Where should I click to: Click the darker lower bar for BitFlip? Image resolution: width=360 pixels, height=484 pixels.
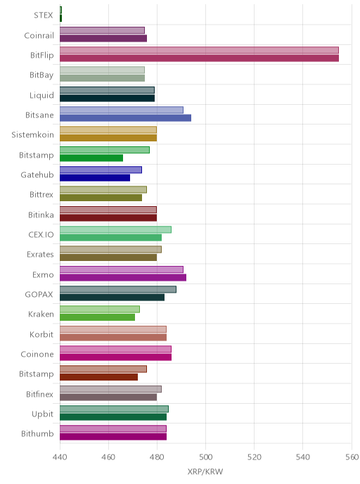(199, 58)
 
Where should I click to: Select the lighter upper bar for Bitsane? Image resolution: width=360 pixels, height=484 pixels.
(122, 110)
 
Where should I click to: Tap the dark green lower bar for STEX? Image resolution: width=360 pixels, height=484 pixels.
(60, 18)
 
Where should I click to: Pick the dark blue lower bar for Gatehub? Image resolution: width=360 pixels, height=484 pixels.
(95, 177)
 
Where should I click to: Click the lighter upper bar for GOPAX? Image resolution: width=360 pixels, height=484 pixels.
(118, 289)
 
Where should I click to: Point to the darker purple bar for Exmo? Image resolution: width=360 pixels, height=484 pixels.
(123, 277)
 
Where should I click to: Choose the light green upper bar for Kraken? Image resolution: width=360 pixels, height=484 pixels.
(100, 309)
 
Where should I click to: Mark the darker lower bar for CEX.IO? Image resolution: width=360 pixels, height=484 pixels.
(111, 237)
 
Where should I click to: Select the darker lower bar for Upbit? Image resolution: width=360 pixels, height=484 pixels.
(113, 416)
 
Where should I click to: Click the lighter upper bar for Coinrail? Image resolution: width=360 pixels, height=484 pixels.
(102, 30)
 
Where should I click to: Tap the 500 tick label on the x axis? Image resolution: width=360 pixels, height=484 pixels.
(205, 457)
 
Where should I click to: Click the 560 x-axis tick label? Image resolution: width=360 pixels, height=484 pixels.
(352, 457)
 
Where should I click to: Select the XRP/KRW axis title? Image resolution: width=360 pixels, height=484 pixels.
(205, 472)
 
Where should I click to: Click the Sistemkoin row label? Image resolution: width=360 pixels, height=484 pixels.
(33, 135)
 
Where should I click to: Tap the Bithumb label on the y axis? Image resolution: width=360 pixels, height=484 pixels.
(37, 433)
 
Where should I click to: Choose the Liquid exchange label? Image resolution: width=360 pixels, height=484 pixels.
(41, 96)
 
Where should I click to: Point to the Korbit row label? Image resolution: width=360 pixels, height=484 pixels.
(41, 334)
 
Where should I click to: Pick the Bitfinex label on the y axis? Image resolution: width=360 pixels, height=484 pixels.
(40, 394)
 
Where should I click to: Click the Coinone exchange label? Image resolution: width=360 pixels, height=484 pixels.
(37, 354)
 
